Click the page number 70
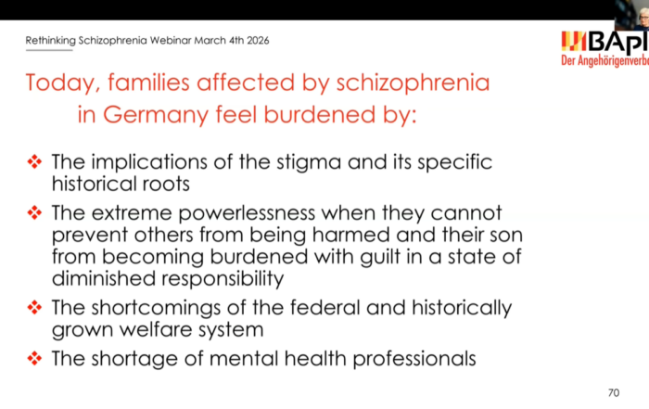point(613,390)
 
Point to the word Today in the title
point(63,84)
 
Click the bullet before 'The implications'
point(34,161)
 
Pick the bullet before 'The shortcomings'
point(34,308)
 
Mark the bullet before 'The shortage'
point(34,357)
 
